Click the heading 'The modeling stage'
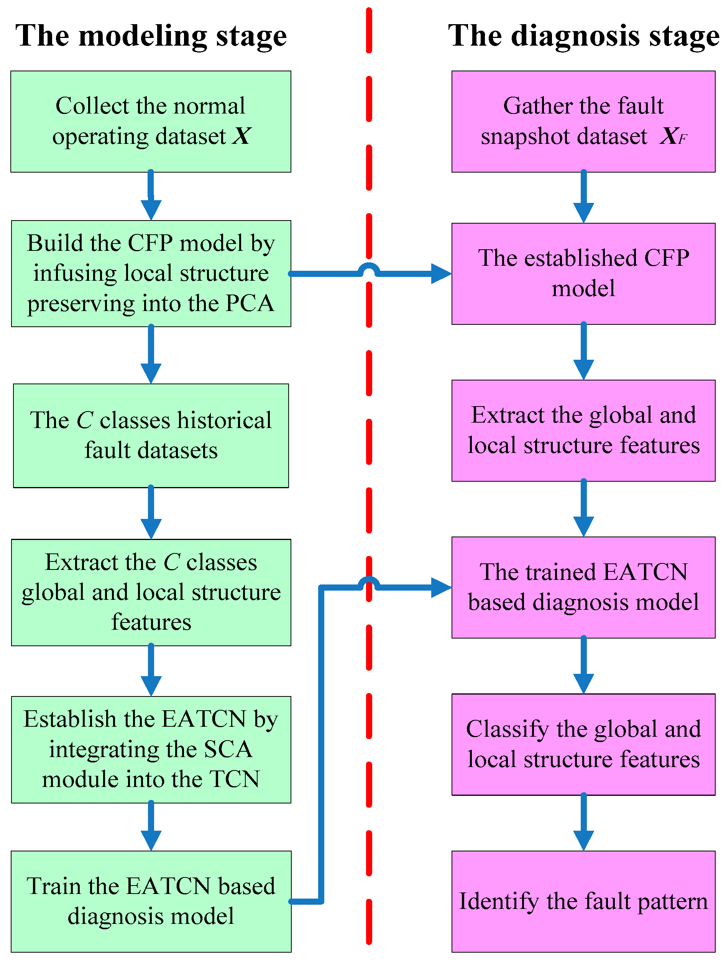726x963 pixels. (151, 36)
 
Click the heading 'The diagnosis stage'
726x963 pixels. (583, 36)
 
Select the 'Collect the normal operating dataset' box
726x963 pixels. (151, 122)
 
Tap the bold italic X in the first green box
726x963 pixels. (241, 136)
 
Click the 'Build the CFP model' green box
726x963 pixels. (151, 273)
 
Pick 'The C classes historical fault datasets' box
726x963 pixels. (151, 435)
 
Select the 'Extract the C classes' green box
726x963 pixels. (151, 592)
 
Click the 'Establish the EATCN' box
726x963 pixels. (151, 749)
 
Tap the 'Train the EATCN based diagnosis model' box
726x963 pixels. (151, 901)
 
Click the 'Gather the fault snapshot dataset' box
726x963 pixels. (583, 122)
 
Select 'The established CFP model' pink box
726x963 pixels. (583, 273)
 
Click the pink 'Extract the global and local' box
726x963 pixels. (583, 430)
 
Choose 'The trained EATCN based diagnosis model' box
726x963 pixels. (583, 587)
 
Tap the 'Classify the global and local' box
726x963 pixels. (583, 744)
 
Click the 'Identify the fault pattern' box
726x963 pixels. (583, 901)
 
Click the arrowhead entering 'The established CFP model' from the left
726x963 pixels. (440, 273)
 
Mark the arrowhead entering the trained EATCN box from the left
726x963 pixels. (440, 587)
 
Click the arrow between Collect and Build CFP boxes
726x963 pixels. (151, 196)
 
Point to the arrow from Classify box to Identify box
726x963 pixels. (583, 823)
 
